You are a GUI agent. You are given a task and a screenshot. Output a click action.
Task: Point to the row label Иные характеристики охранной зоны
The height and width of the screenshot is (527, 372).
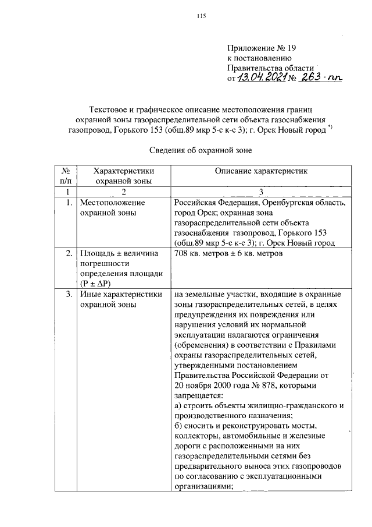coord(120,299)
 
